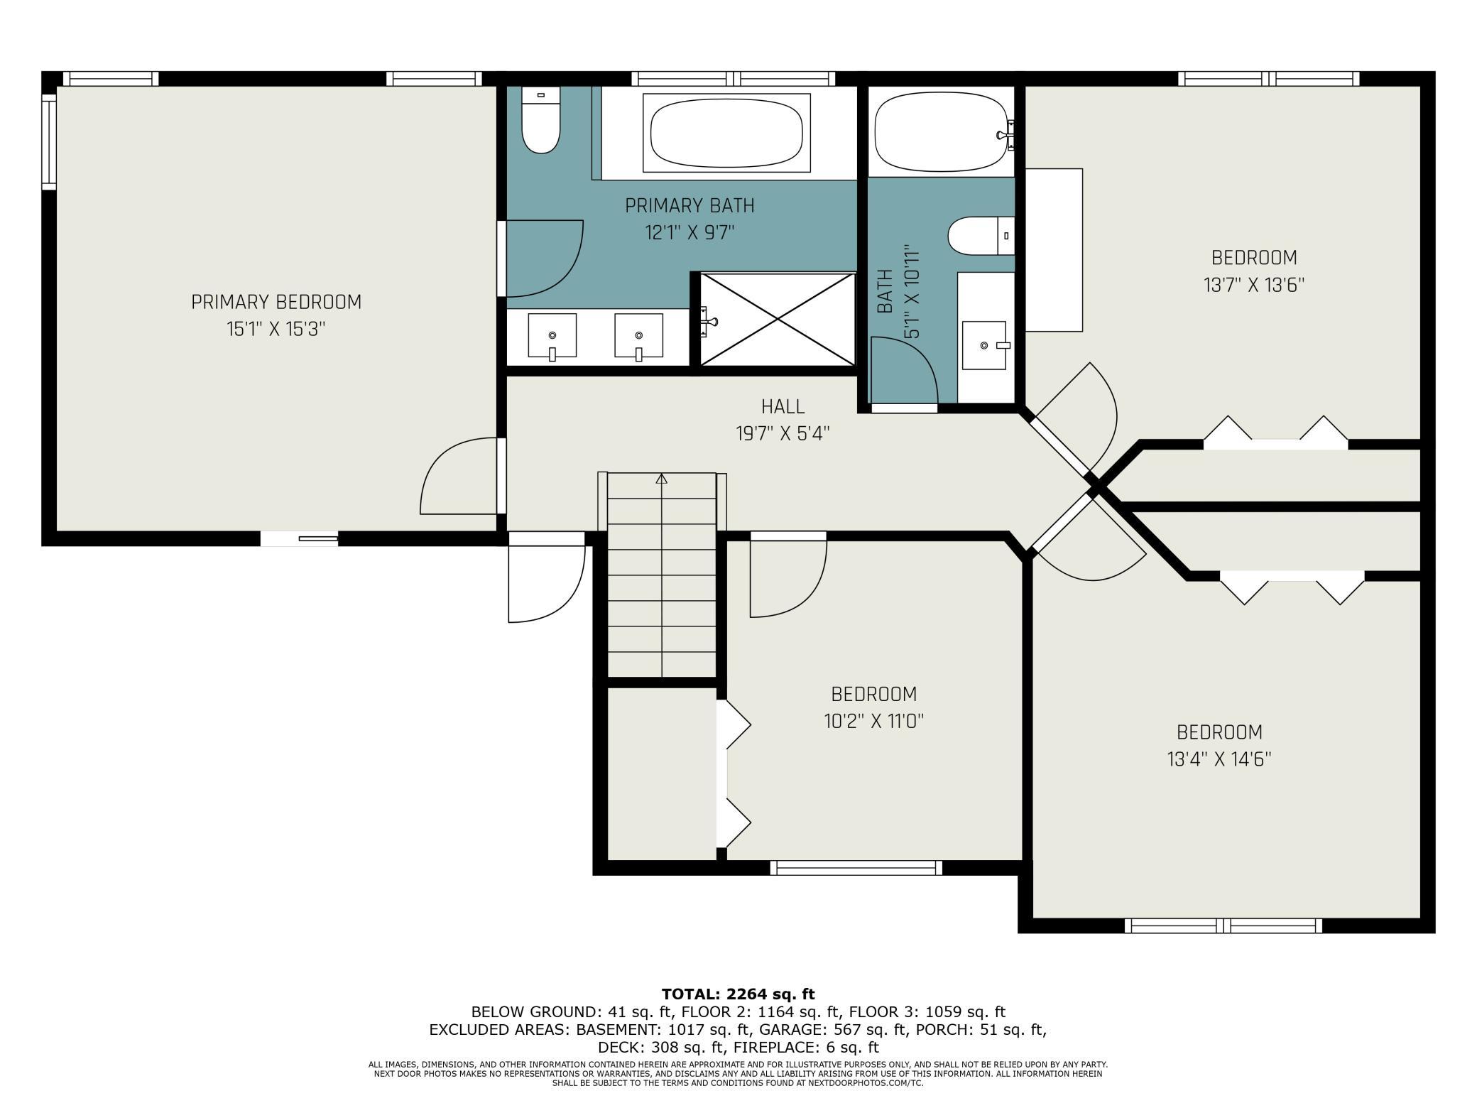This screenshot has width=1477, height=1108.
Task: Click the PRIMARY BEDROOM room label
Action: [x=276, y=302]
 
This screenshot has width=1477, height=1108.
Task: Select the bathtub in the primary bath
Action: [x=726, y=133]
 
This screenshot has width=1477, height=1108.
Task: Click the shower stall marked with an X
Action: [x=778, y=320]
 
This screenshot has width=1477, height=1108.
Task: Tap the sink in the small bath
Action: [x=984, y=345]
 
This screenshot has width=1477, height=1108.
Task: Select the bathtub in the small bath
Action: [x=941, y=134]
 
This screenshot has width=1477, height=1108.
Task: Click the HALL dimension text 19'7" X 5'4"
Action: [x=783, y=433]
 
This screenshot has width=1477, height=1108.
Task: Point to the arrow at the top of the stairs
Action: [x=662, y=479]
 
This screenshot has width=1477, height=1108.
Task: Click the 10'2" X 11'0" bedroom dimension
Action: [x=873, y=722]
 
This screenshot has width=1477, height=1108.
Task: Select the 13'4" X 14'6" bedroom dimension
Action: [x=1219, y=759]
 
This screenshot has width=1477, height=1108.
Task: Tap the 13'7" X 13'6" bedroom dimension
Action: [x=1254, y=285]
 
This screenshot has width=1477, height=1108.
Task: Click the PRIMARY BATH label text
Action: [x=690, y=205]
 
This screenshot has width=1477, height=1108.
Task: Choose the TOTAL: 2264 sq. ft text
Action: [x=738, y=994]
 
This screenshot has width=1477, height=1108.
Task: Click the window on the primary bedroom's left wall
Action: [x=48, y=141]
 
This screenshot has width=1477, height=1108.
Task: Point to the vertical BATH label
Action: [x=885, y=291]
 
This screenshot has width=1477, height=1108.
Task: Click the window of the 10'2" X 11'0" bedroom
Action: [x=856, y=867]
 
